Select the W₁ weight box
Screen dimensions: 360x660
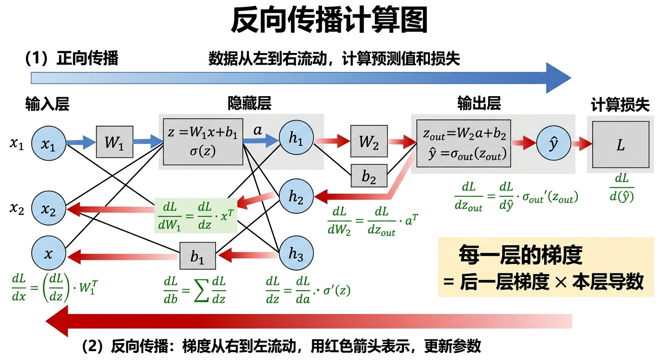pyautogui.click(x=115, y=142)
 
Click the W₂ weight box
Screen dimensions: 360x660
pyautogui.click(x=369, y=141)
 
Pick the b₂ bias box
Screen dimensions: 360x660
pyautogui.click(x=369, y=176)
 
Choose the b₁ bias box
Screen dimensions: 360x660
pyautogui.click(x=198, y=256)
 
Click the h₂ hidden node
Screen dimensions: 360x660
pyautogui.click(x=296, y=198)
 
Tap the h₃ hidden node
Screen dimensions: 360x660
pyautogui.click(x=296, y=254)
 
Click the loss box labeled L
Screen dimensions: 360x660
pyautogui.click(x=620, y=144)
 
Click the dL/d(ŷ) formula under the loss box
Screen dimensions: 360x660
pyautogui.click(x=622, y=187)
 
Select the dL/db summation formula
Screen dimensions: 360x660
pyautogui.click(x=195, y=291)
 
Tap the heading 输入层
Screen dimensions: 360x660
pyautogui.click(x=47, y=104)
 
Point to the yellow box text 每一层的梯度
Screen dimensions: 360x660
pyautogui.click(x=520, y=255)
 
